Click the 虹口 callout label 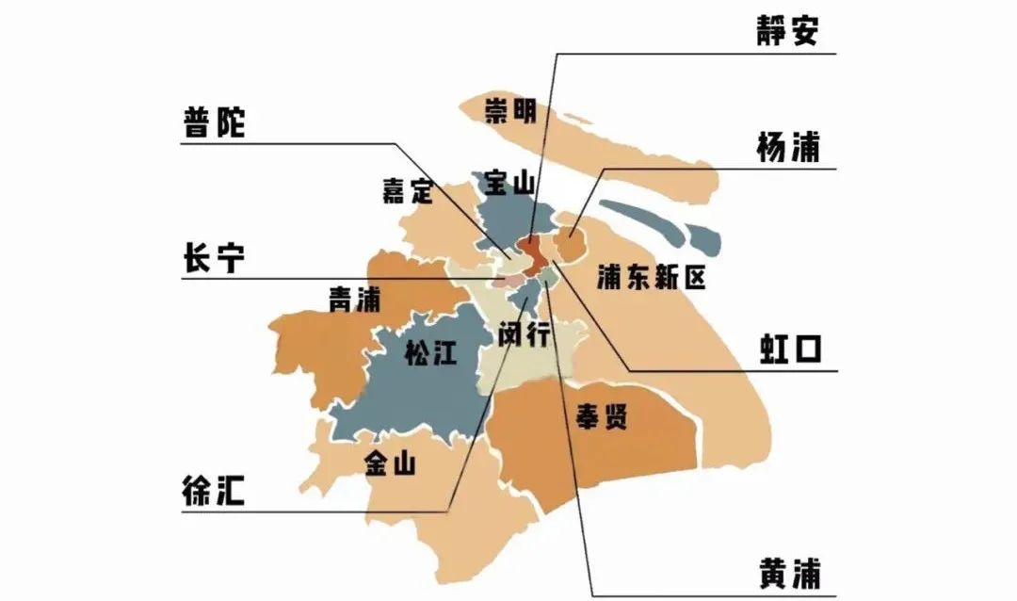click(791, 349)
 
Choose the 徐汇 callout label click(214, 491)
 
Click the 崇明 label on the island click(510, 111)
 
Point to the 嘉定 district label click(407, 190)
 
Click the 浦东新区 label click(651, 277)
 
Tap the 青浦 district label click(353, 300)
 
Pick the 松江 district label click(429, 353)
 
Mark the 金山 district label click(389, 463)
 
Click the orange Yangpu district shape click(569, 244)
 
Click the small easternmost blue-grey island click(703, 239)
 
